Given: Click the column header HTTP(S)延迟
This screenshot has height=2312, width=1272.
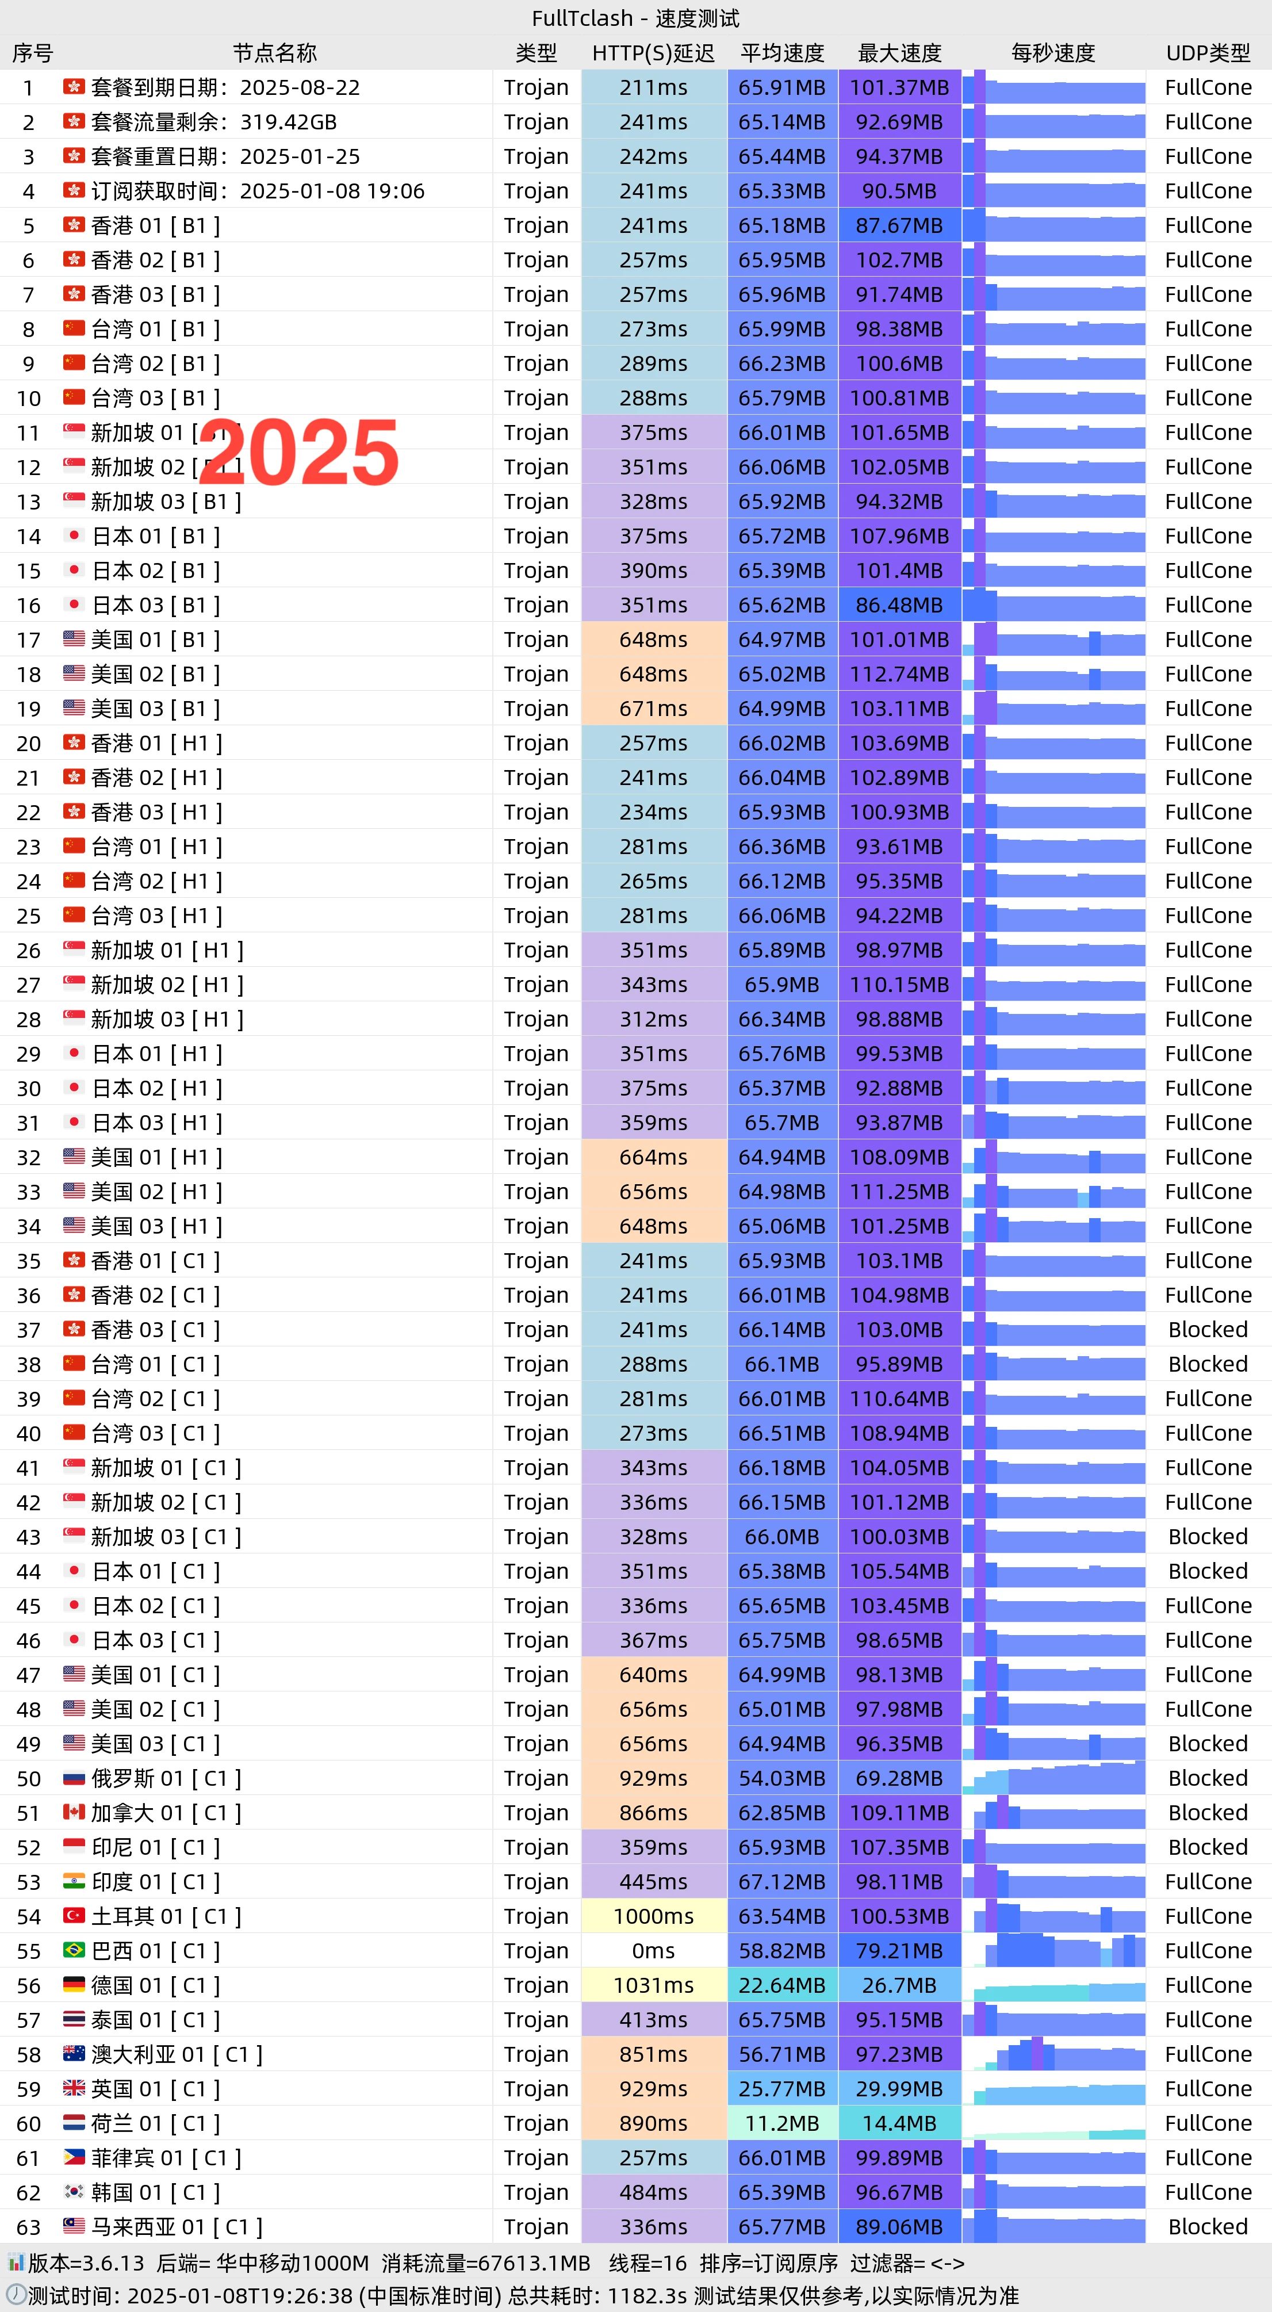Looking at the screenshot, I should [x=653, y=53].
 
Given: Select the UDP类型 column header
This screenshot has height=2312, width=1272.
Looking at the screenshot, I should [x=1208, y=53].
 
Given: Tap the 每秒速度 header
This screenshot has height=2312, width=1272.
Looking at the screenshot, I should [x=1053, y=53].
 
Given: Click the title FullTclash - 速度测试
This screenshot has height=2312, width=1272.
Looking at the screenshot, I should [x=635, y=18].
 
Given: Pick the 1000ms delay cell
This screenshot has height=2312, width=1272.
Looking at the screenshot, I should [x=653, y=1916].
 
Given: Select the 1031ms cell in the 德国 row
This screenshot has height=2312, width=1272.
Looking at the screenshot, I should [x=653, y=1985].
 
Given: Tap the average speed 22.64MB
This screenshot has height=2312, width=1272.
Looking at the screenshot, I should [x=781, y=1985].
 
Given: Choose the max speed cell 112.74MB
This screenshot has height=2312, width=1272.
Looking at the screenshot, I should [x=899, y=674].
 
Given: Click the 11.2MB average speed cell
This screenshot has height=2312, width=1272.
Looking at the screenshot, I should [x=781, y=2123].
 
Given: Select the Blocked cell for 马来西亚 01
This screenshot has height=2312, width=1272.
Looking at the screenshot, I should [x=1208, y=2227].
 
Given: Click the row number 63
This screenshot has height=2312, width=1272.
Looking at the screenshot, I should [x=29, y=2227].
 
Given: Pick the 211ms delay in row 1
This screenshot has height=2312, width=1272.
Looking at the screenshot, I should [x=653, y=87].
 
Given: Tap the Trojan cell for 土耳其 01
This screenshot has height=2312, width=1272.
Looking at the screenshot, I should [x=536, y=1916].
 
